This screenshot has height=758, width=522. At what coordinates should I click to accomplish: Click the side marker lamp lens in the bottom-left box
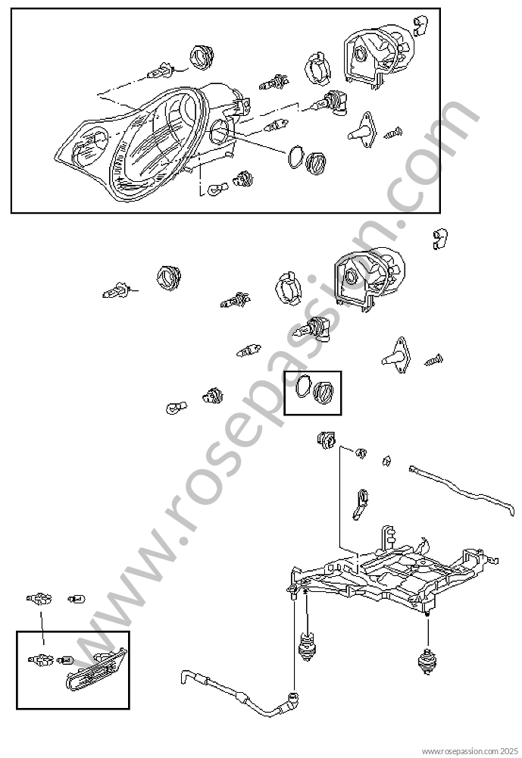[x=96, y=669]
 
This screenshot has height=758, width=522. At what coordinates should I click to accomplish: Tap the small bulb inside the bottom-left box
[x=65, y=659]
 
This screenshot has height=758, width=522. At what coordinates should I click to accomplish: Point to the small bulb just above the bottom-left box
[x=77, y=600]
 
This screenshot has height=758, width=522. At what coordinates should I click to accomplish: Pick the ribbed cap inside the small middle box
[x=324, y=392]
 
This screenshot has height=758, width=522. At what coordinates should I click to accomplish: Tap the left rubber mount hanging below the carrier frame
[x=306, y=648]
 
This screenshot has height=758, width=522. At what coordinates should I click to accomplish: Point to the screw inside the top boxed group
[x=393, y=132]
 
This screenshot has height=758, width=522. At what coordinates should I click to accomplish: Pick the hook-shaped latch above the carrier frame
[x=361, y=504]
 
